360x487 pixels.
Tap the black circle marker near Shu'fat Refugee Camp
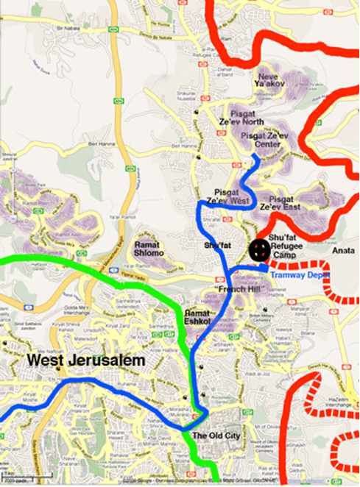[x=258, y=249]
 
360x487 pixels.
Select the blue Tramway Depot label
[x=299, y=274]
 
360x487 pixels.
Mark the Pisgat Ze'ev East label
[x=280, y=203]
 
